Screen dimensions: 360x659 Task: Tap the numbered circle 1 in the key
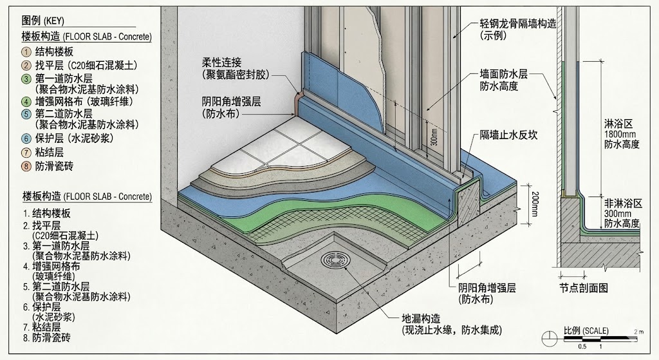click(26, 52)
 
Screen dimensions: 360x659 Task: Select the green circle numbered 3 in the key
click(26, 78)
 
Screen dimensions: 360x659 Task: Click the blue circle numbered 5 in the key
click(26, 114)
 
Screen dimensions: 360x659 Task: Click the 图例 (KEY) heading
click(42, 21)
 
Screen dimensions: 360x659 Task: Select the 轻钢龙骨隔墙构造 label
click(518, 24)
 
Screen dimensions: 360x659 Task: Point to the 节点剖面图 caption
click(584, 288)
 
